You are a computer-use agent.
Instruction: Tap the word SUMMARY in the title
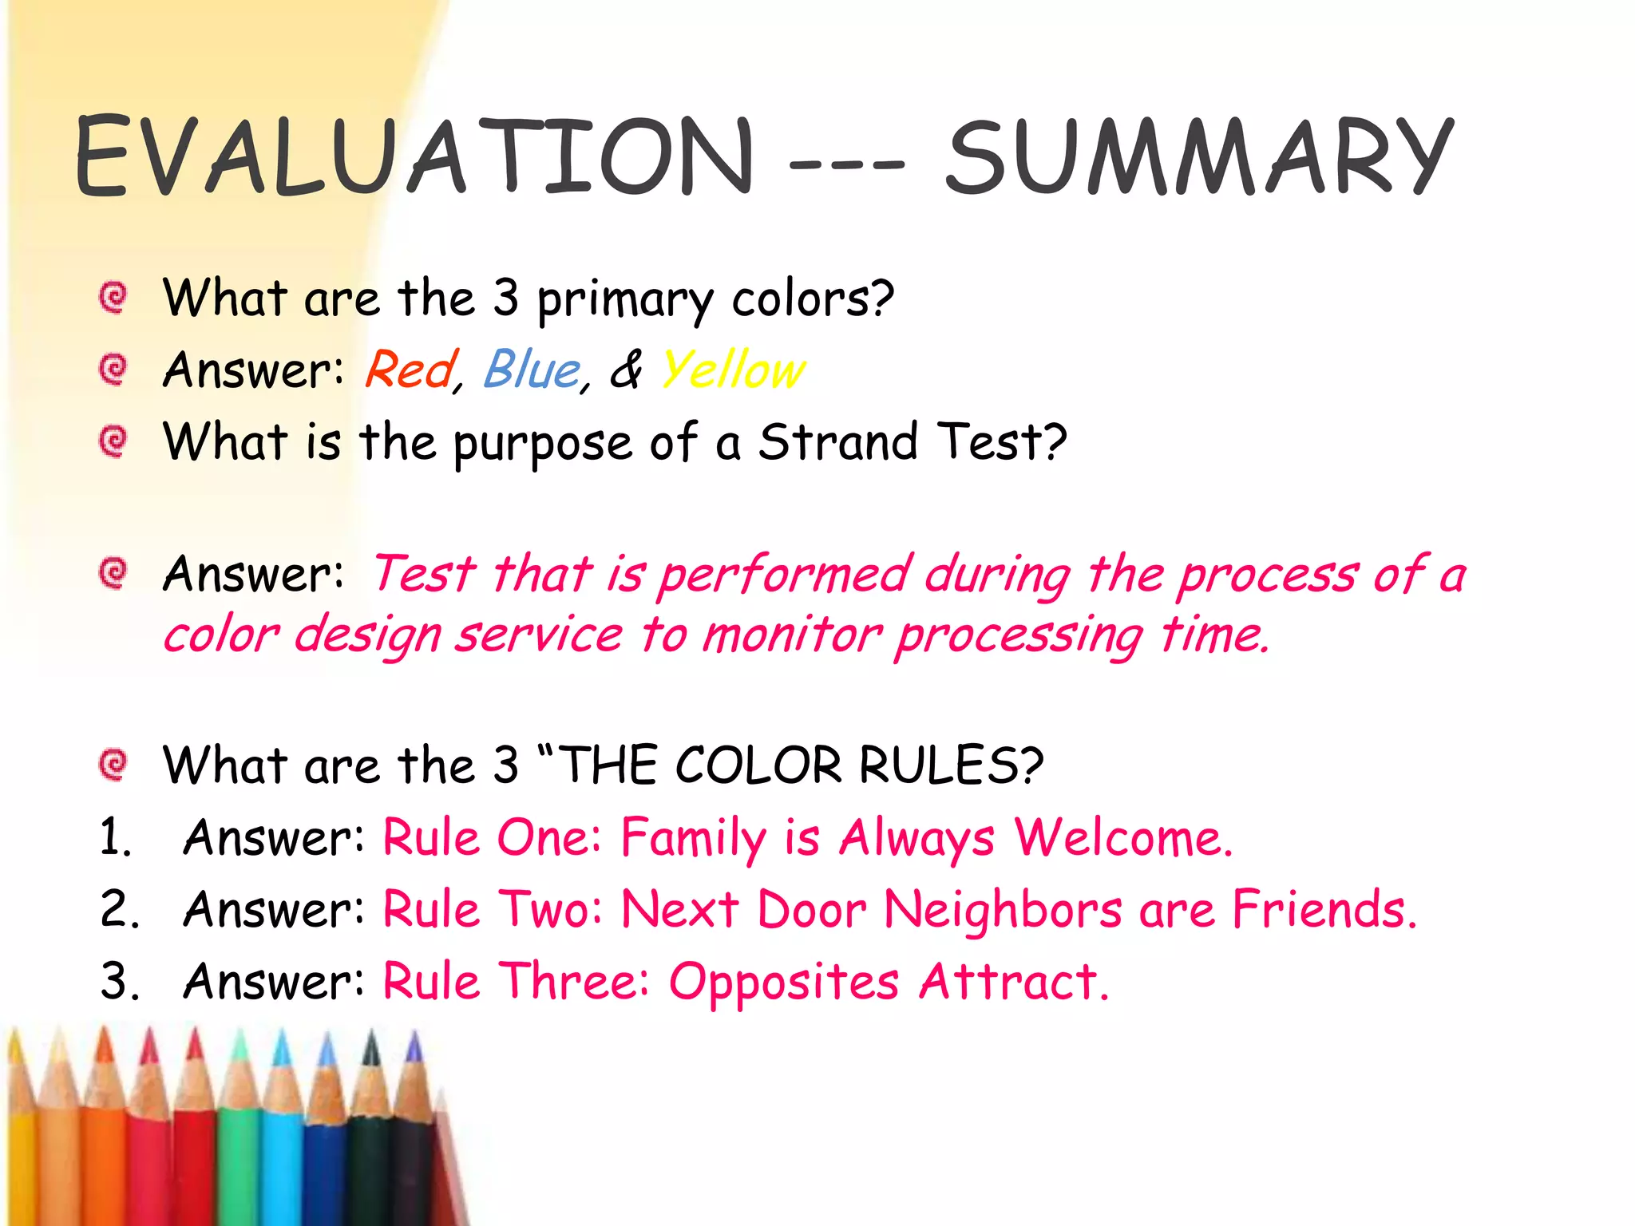[1198, 157]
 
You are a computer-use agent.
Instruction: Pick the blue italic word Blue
[532, 370]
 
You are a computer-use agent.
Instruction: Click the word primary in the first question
[624, 301]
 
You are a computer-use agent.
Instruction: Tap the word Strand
[837, 442]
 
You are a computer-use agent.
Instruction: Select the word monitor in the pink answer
[791, 636]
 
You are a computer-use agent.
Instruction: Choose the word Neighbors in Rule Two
[1003, 911]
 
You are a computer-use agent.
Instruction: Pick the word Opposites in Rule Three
[784, 983]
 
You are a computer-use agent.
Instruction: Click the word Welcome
[1123, 838]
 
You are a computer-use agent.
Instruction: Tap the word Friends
[1324, 910]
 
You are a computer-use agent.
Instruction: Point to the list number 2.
[118, 910]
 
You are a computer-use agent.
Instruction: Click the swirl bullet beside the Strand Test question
[113, 441]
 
